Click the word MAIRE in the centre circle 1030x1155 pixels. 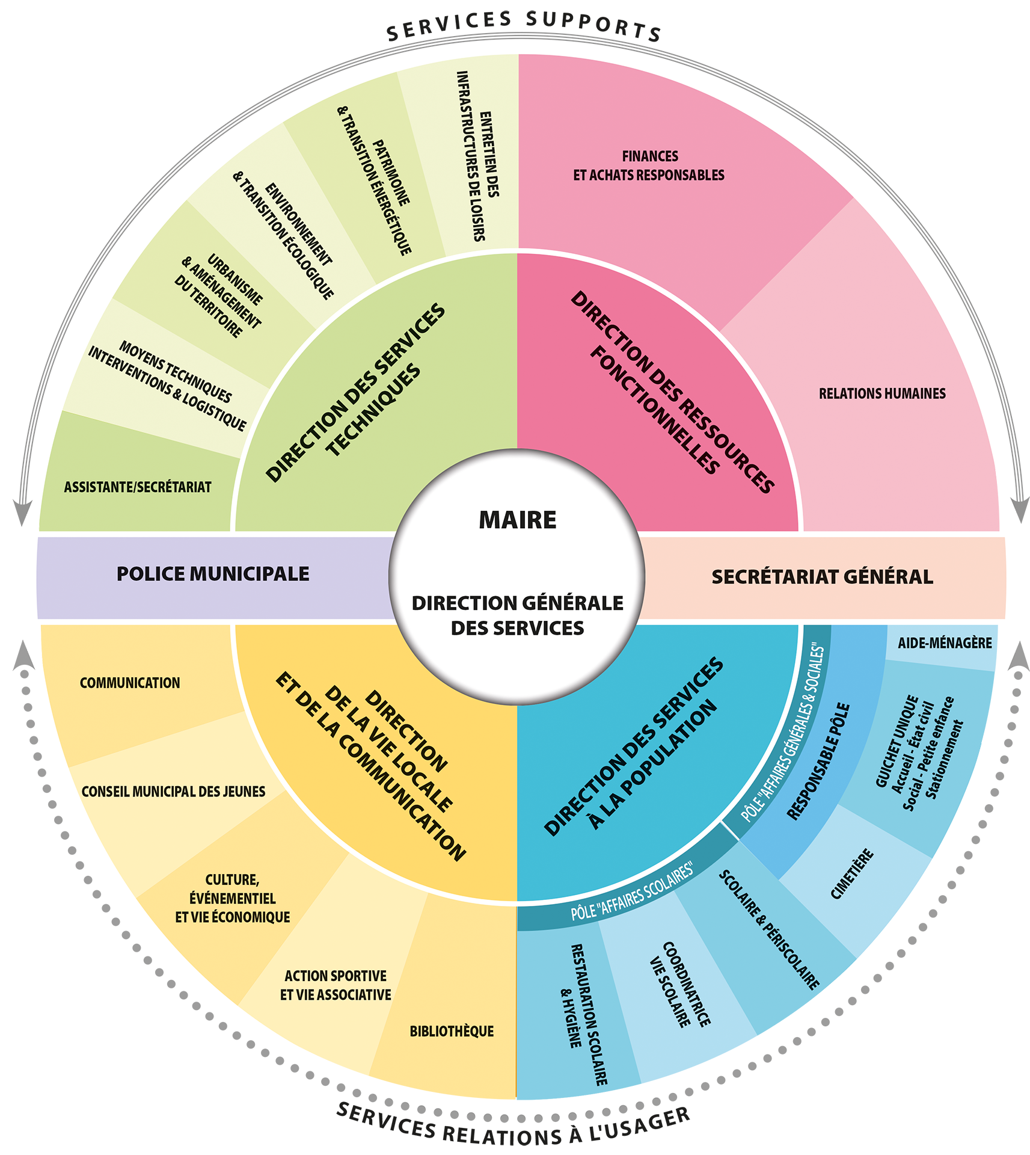pyautogui.click(x=517, y=520)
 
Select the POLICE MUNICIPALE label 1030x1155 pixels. pyautogui.click(x=213, y=574)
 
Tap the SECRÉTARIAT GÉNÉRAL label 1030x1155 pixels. pyautogui.click(x=822, y=577)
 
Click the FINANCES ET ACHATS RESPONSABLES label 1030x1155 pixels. pyautogui.click(x=649, y=165)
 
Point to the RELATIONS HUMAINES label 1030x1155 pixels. pyautogui.click(x=882, y=393)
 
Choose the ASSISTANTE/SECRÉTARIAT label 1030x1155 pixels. pyautogui.click(x=138, y=487)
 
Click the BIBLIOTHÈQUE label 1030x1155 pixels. pyautogui.click(x=452, y=1031)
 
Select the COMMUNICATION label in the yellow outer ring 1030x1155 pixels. pyautogui.click(x=130, y=683)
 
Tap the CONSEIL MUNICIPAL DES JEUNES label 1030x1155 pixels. pyautogui.click(x=173, y=791)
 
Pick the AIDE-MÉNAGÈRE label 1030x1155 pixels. pyautogui.click(x=945, y=642)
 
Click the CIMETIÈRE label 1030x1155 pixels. pyautogui.click(x=852, y=874)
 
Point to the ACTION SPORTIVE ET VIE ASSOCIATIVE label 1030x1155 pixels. pyautogui.click(x=336, y=985)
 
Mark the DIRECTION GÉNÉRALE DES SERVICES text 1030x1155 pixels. pyautogui.click(x=517, y=615)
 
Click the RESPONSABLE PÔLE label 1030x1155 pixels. pyautogui.click(x=818, y=760)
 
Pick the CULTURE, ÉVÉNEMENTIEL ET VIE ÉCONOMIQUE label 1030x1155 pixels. pyautogui.click(x=232, y=898)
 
